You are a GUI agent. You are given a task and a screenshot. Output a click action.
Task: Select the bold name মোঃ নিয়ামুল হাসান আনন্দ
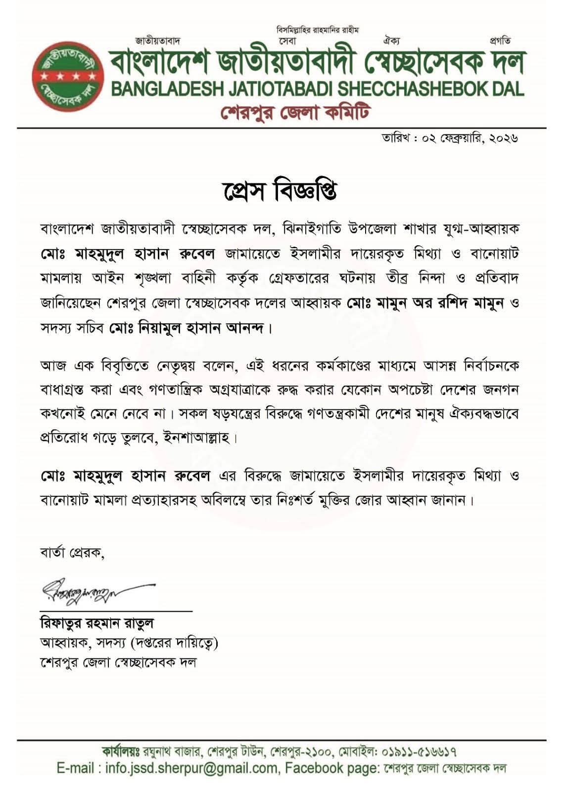pos(188,329)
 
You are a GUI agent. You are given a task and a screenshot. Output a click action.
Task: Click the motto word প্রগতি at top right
pos(500,41)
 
